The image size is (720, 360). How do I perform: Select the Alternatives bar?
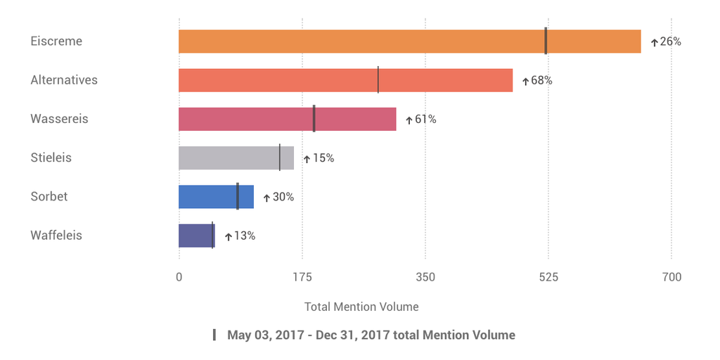point(345,80)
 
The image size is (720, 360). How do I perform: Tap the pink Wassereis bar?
point(287,119)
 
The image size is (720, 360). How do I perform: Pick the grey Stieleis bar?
point(236,157)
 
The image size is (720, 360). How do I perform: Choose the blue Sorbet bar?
point(216,197)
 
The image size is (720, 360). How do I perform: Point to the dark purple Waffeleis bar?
point(196,236)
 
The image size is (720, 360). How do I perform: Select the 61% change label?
point(425,120)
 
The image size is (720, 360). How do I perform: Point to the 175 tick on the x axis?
point(302,277)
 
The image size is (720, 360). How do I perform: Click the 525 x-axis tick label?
point(548,277)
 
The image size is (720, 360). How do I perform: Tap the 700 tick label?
point(671,277)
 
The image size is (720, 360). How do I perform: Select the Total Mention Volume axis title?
point(361,307)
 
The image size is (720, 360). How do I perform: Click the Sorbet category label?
point(49,196)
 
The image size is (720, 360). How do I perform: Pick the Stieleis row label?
point(51,157)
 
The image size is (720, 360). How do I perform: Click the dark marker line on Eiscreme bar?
point(546,41)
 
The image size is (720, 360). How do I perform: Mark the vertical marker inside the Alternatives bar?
point(378,80)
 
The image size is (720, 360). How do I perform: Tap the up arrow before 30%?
point(266,198)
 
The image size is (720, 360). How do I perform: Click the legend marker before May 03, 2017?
point(214,335)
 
